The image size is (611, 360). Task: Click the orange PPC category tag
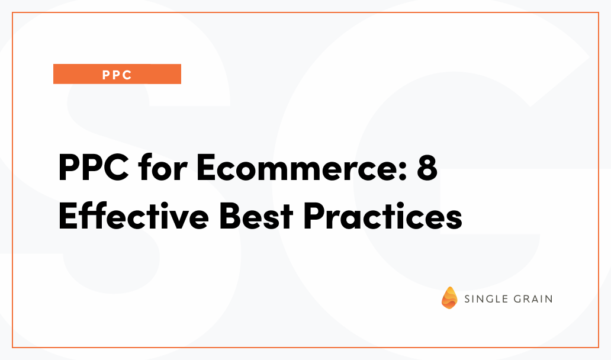tap(117, 74)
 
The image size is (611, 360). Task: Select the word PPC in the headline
tap(94, 168)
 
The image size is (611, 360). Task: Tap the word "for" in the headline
tap(162, 167)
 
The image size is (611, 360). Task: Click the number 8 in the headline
tap(427, 168)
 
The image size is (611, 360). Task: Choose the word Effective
tap(134, 215)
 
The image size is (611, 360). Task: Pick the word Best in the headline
tap(256, 216)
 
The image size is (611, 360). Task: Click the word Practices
tap(382, 216)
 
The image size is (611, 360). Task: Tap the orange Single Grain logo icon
tap(449, 298)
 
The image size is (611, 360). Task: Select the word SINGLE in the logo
tap(486, 299)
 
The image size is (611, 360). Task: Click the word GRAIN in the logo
tap(533, 299)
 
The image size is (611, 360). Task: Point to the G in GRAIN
tap(518, 299)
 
